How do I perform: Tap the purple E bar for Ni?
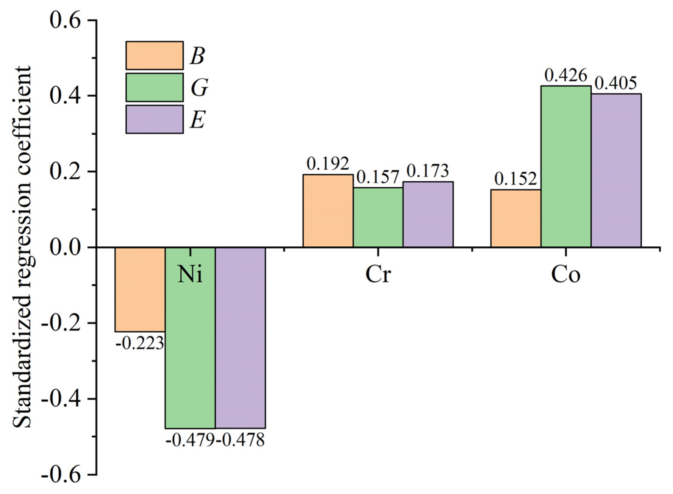240,338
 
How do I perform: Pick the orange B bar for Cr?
328,211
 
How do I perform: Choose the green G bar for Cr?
378,217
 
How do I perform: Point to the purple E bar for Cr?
428,214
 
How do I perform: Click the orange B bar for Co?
515,218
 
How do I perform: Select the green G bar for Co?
566,166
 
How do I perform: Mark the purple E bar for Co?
616,170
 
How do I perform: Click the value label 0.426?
566,76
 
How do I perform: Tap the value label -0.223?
140,344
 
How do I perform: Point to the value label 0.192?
328,163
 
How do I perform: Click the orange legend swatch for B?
154,55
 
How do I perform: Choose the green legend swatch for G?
154,87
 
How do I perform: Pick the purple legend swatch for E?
154,119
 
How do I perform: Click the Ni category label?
190,275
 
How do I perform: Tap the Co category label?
566,275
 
